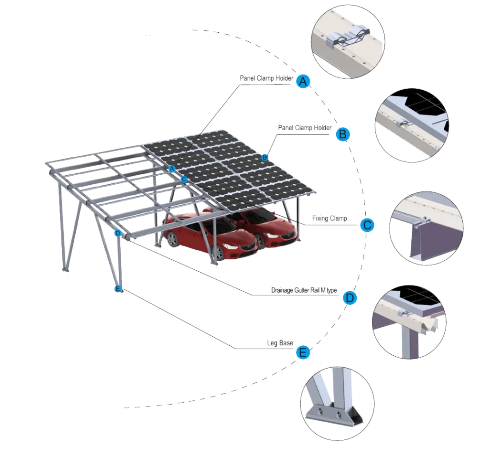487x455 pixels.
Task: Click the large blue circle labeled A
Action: tap(303, 82)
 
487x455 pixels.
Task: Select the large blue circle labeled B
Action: tap(342, 134)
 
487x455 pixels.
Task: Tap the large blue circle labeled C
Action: tap(367, 225)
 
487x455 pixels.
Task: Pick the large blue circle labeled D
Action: tap(349, 298)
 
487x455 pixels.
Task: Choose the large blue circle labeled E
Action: tap(303, 352)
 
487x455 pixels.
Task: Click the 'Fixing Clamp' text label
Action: tap(331, 219)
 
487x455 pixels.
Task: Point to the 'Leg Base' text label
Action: tap(281, 343)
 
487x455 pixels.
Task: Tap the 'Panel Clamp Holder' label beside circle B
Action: tap(304, 128)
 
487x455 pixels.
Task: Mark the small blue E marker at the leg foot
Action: tap(118, 289)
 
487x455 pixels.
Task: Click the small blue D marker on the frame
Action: tap(117, 233)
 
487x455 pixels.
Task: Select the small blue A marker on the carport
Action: tap(172, 169)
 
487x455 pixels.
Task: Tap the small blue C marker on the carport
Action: tap(184, 179)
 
